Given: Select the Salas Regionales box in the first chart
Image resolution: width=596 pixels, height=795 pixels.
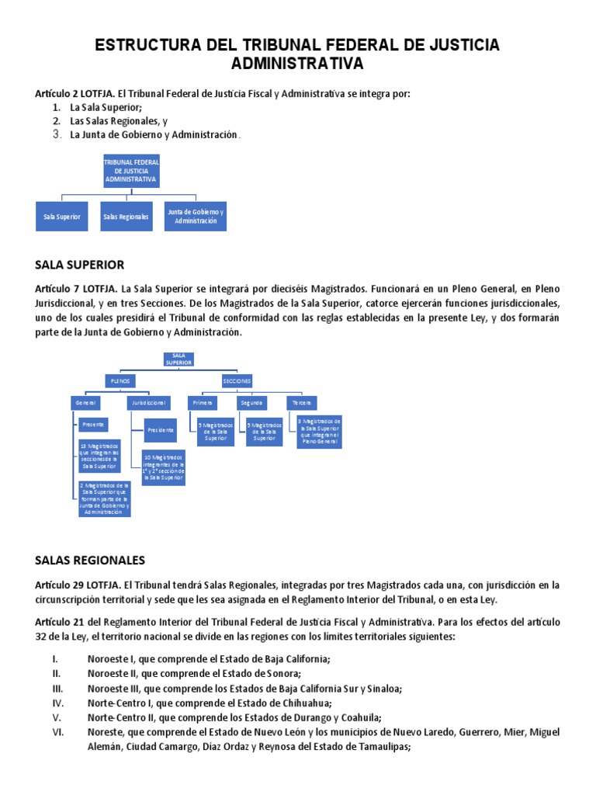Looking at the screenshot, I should (126, 217).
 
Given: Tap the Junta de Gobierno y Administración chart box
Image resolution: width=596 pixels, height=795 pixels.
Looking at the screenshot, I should (196, 217).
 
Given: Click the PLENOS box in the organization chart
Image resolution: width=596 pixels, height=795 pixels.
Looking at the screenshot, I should (121, 381).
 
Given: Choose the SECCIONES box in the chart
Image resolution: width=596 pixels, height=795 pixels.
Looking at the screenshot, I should (237, 381).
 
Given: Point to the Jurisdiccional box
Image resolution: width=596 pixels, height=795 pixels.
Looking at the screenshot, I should (148, 403).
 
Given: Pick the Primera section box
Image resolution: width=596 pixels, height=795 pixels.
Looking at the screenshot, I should (203, 403).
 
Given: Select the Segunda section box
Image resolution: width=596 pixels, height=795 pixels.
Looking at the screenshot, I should (251, 403).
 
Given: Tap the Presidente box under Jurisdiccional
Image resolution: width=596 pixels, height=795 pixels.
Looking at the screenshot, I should (161, 429).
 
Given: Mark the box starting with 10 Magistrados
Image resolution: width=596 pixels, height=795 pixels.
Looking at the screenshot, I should (164, 468).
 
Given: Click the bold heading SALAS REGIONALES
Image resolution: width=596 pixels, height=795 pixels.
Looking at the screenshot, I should (90, 560).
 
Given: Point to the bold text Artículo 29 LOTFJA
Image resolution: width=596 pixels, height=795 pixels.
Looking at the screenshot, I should (78, 585).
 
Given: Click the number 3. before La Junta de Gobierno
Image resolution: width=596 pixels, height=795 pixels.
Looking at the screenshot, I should (57, 134).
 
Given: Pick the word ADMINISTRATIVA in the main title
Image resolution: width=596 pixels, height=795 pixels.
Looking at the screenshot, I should (297, 63).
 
